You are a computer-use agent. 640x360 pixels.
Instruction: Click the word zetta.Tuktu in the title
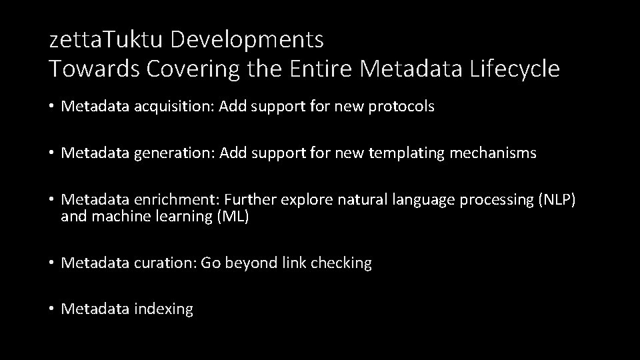(107, 40)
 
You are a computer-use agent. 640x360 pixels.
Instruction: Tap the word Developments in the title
(247, 40)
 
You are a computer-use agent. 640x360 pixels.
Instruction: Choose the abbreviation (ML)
(233, 217)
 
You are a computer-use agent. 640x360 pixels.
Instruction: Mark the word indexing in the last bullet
(163, 309)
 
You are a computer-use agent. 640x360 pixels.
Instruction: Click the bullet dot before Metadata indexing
(52, 309)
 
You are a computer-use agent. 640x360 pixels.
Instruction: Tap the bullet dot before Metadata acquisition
(52, 107)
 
